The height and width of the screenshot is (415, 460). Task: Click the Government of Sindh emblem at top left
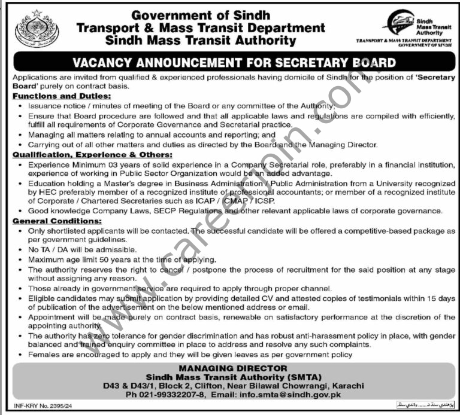[x=37, y=29]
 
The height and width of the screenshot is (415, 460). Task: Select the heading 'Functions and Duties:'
[x=52, y=96]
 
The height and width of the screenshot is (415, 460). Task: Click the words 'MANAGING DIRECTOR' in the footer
[x=229, y=368]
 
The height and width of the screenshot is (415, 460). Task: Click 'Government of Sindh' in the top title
[x=201, y=14]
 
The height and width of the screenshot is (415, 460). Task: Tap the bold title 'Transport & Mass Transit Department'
[x=201, y=28]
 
